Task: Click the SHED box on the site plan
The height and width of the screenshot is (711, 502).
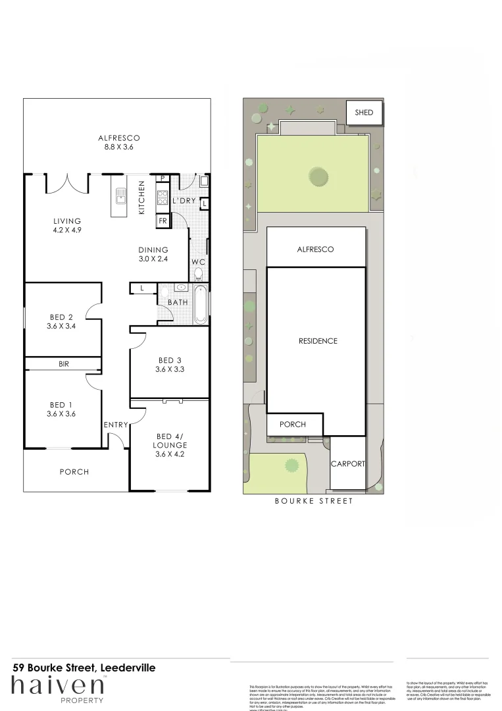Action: pos(364,113)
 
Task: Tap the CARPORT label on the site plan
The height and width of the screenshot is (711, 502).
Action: pos(348,463)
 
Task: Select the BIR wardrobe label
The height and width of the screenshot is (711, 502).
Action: pos(64,363)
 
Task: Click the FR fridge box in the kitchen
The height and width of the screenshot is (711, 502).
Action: pos(163,221)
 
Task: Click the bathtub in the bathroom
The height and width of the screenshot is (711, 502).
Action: pos(201,303)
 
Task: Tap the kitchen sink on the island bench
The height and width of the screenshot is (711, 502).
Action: pos(120,195)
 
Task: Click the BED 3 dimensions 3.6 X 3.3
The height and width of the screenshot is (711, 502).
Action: pos(170,369)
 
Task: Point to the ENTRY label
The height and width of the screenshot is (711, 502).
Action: pos(116,425)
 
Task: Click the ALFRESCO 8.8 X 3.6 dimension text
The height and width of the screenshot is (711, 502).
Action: pos(119,147)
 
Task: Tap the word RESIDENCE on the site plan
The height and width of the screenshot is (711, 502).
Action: pos(318,341)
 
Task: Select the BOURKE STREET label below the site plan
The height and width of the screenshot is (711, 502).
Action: pos(313,501)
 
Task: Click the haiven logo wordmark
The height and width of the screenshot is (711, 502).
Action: pos(57,685)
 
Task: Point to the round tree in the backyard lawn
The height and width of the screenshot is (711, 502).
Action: pos(318,176)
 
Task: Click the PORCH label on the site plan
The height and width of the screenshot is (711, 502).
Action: pos(293,424)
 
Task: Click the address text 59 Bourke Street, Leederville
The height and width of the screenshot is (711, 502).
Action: pos(84,668)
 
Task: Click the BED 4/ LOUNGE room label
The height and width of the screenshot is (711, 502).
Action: pos(170,445)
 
